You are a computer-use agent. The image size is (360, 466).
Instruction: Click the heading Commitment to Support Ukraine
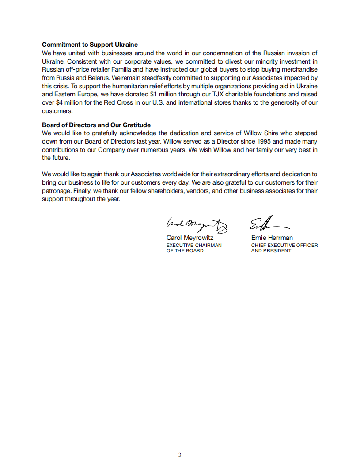90,45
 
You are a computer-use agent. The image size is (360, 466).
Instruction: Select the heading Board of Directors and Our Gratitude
96,125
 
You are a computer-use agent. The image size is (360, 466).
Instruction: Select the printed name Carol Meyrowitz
189,238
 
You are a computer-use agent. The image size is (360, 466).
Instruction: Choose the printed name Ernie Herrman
272,238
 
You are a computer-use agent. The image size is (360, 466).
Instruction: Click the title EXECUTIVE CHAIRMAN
194,245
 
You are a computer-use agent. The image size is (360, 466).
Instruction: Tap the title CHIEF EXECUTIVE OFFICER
284,245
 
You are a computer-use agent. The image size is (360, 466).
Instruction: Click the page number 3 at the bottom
180,455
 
